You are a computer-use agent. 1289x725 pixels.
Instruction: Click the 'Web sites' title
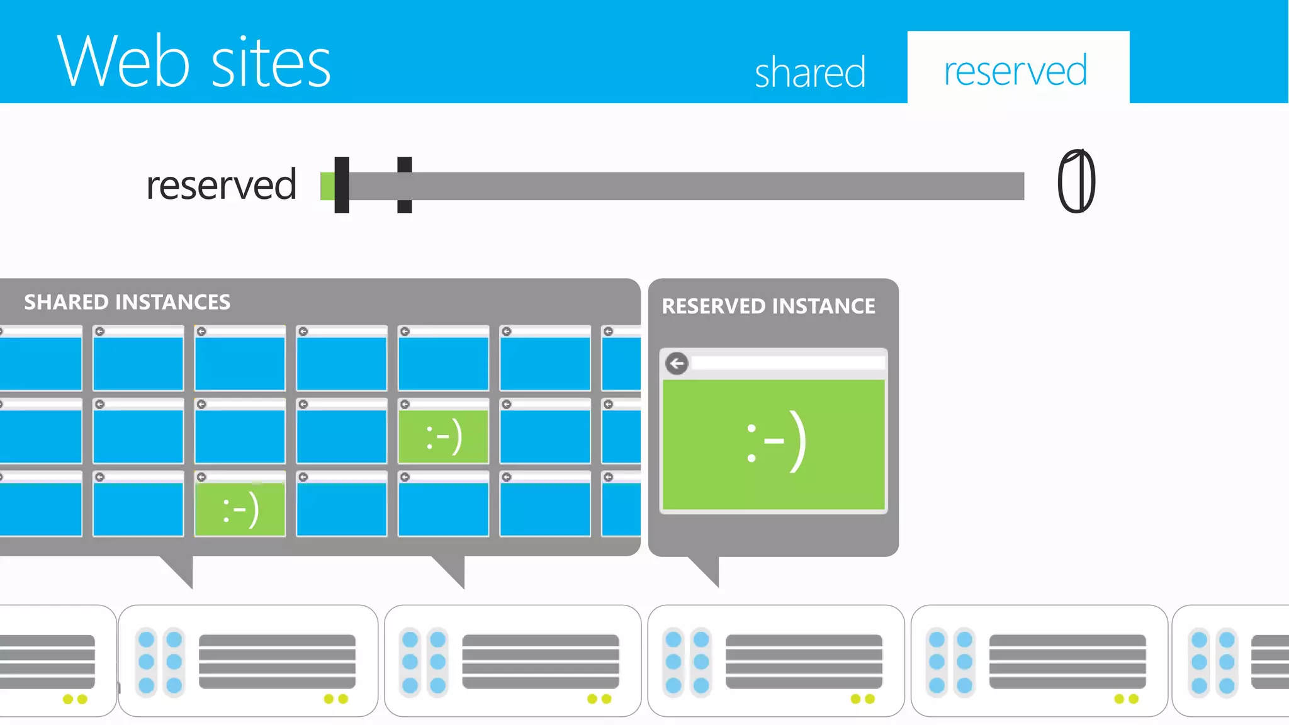click(193, 61)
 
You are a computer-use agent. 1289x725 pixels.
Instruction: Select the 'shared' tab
click(810, 72)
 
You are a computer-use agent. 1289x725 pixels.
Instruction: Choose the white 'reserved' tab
click(1016, 70)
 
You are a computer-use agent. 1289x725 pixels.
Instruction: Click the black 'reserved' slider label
click(221, 185)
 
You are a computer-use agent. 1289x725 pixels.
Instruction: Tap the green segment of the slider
click(327, 186)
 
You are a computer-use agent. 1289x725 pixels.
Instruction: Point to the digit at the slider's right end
click(1076, 181)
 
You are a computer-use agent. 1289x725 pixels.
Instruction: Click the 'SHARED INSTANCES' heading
click(127, 302)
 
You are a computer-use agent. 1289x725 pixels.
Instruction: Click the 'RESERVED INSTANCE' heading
click(768, 306)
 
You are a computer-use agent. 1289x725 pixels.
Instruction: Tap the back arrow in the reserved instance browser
click(677, 363)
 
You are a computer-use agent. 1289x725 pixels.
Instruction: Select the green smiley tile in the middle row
click(444, 436)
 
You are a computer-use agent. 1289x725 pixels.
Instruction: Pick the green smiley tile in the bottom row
click(240, 509)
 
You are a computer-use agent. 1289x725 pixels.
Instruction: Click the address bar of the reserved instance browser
click(787, 363)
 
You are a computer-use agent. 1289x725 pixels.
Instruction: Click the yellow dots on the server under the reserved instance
click(862, 699)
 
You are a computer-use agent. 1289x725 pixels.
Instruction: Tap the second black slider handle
click(405, 185)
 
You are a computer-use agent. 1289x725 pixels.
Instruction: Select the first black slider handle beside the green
click(342, 185)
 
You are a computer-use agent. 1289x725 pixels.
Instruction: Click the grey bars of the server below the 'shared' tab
click(804, 661)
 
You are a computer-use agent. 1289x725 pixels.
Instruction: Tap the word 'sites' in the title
click(271, 62)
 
